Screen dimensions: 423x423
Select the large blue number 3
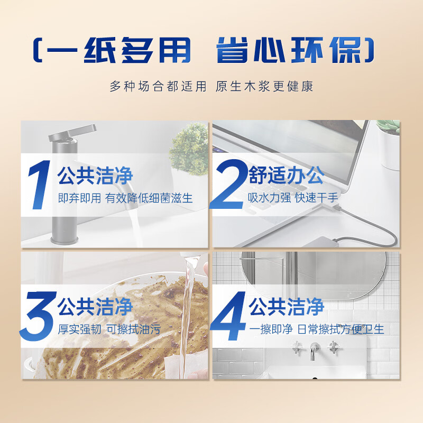click(x=38, y=316)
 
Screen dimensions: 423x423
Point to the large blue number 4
click(x=228, y=316)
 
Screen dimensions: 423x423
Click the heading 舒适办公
click(x=287, y=176)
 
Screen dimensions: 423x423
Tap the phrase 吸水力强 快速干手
click(x=293, y=198)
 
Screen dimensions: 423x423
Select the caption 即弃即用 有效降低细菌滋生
click(x=125, y=198)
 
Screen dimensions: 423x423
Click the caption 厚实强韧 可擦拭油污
click(x=109, y=329)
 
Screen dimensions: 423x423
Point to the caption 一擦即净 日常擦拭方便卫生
click(x=317, y=329)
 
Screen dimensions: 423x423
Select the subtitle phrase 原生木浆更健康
click(x=264, y=87)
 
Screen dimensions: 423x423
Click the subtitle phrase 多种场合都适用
click(x=158, y=87)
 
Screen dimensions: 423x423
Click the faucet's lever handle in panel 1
click(x=73, y=133)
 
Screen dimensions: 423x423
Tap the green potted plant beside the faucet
click(x=189, y=150)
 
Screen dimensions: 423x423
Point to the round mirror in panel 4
click(x=314, y=275)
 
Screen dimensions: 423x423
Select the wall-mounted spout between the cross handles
click(x=314, y=351)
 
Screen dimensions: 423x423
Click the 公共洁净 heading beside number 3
click(x=95, y=307)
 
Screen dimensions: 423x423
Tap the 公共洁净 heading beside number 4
click(x=286, y=307)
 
